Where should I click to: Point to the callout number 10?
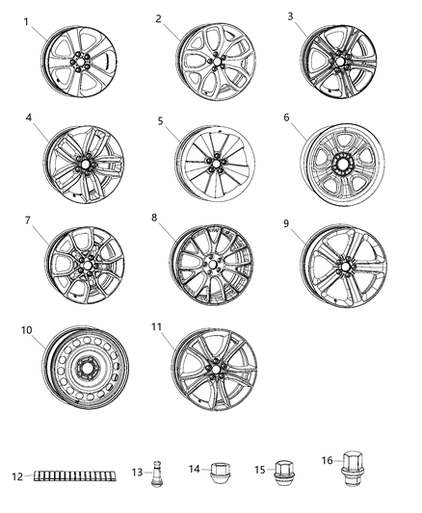tap(26, 329)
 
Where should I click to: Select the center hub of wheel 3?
tap(337, 61)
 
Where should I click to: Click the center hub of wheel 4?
tap(86, 166)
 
